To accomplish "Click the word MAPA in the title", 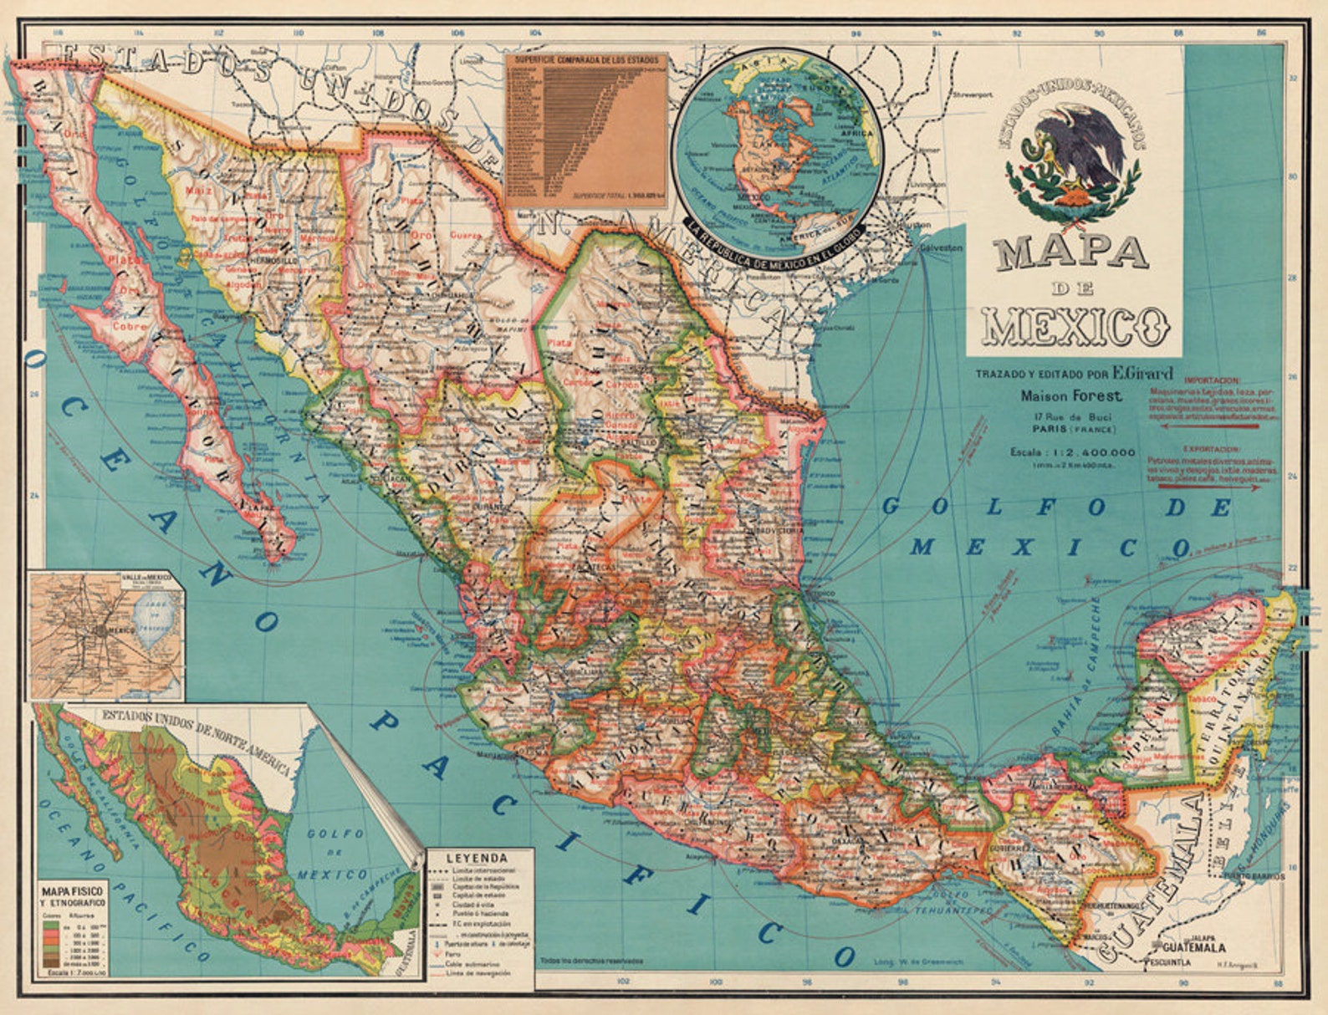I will click(1072, 253).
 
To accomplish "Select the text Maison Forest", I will click(1071, 396).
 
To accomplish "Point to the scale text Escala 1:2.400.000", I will click(1073, 452).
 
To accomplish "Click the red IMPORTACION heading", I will click(1213, 380).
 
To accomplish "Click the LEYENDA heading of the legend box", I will click(477, 857).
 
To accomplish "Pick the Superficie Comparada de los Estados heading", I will click(586, 61).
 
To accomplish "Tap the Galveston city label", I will click(941, 248).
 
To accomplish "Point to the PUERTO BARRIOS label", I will click(1252, 877).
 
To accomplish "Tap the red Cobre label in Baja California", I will click(129, 326).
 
